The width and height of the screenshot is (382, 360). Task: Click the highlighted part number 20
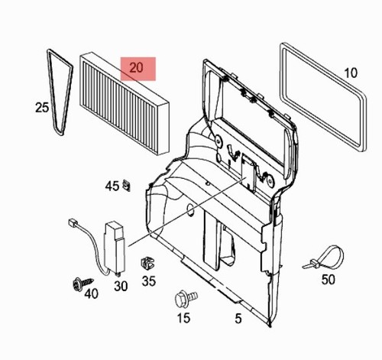[137, 68]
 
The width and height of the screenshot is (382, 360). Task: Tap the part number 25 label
[42, 107]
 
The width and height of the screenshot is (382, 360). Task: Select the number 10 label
[351, 73]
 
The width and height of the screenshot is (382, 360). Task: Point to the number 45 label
[112, 186]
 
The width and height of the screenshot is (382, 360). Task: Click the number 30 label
[121, 286]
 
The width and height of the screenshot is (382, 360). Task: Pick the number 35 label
[149, 281]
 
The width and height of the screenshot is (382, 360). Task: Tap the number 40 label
[92, 294]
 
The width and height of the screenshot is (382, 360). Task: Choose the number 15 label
[183, 318]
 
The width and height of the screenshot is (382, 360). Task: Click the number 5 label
[238, 319]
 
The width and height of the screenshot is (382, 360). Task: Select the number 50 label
[328, 280]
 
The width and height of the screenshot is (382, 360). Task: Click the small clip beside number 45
[127, 185]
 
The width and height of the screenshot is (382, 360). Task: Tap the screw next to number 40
[83, 284]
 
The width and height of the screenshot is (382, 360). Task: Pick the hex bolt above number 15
[186, 299]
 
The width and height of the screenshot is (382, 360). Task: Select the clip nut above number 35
[147, 263]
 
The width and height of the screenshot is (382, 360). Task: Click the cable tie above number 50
[323, 257]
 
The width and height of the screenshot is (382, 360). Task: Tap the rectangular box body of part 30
[115, 247]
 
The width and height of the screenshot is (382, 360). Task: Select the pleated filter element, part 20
[125, 103]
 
